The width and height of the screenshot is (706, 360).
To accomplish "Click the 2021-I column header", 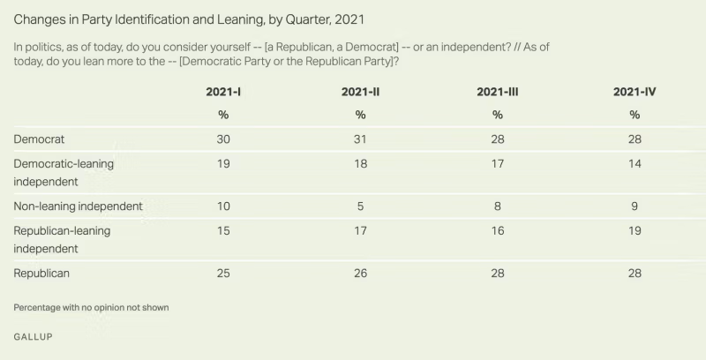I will point(223,92).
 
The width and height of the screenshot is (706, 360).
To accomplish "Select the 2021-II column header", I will point(360,92).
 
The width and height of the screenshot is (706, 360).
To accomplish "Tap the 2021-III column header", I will point(497,92).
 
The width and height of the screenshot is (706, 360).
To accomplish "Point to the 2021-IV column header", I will point(634,92).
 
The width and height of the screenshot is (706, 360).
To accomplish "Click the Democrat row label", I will point(39,139).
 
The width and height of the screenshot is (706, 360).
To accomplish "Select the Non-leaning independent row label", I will point(79,206).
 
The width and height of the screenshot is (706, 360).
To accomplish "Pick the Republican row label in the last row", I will point(41,274).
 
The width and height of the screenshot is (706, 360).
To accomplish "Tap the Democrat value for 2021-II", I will point(360,139).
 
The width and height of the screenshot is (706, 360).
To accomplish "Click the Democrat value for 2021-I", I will point(223,139).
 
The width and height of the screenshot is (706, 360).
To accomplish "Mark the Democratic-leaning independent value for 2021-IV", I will point(634,163).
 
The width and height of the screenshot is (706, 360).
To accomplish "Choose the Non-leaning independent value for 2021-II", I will point(360,206).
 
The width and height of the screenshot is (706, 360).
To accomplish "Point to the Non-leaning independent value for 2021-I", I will point(223,206).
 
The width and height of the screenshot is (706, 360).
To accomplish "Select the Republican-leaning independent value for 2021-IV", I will point(634,230).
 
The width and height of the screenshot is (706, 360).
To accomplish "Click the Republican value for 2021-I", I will point(223,274).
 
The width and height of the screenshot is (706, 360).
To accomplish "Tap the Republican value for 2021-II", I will point(360,274).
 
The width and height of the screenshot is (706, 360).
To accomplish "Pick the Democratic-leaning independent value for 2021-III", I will point(497,163).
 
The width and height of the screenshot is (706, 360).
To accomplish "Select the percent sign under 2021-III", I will point(497,115).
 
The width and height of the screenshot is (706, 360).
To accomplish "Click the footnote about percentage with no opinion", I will point(91,307).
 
